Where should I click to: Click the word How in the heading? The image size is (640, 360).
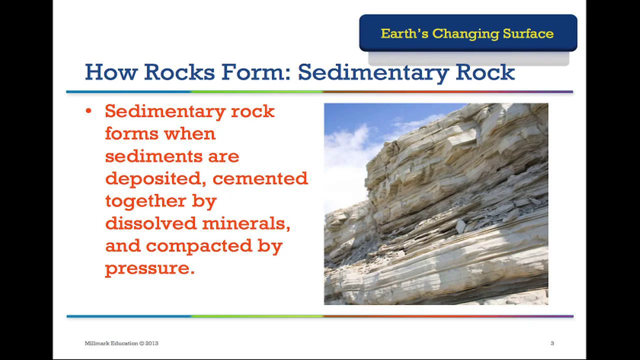[111, 72]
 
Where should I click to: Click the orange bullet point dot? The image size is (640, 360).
[88, 111]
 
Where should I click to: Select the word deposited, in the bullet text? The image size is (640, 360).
[155, 178]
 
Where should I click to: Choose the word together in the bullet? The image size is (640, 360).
[142, 201]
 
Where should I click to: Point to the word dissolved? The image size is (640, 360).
[151, 223]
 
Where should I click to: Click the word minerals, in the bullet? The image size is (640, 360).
[246, 223]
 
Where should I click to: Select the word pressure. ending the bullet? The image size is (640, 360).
[149, 268]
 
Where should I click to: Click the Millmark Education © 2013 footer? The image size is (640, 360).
[121, 343]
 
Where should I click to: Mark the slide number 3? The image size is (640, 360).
[552, 343]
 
